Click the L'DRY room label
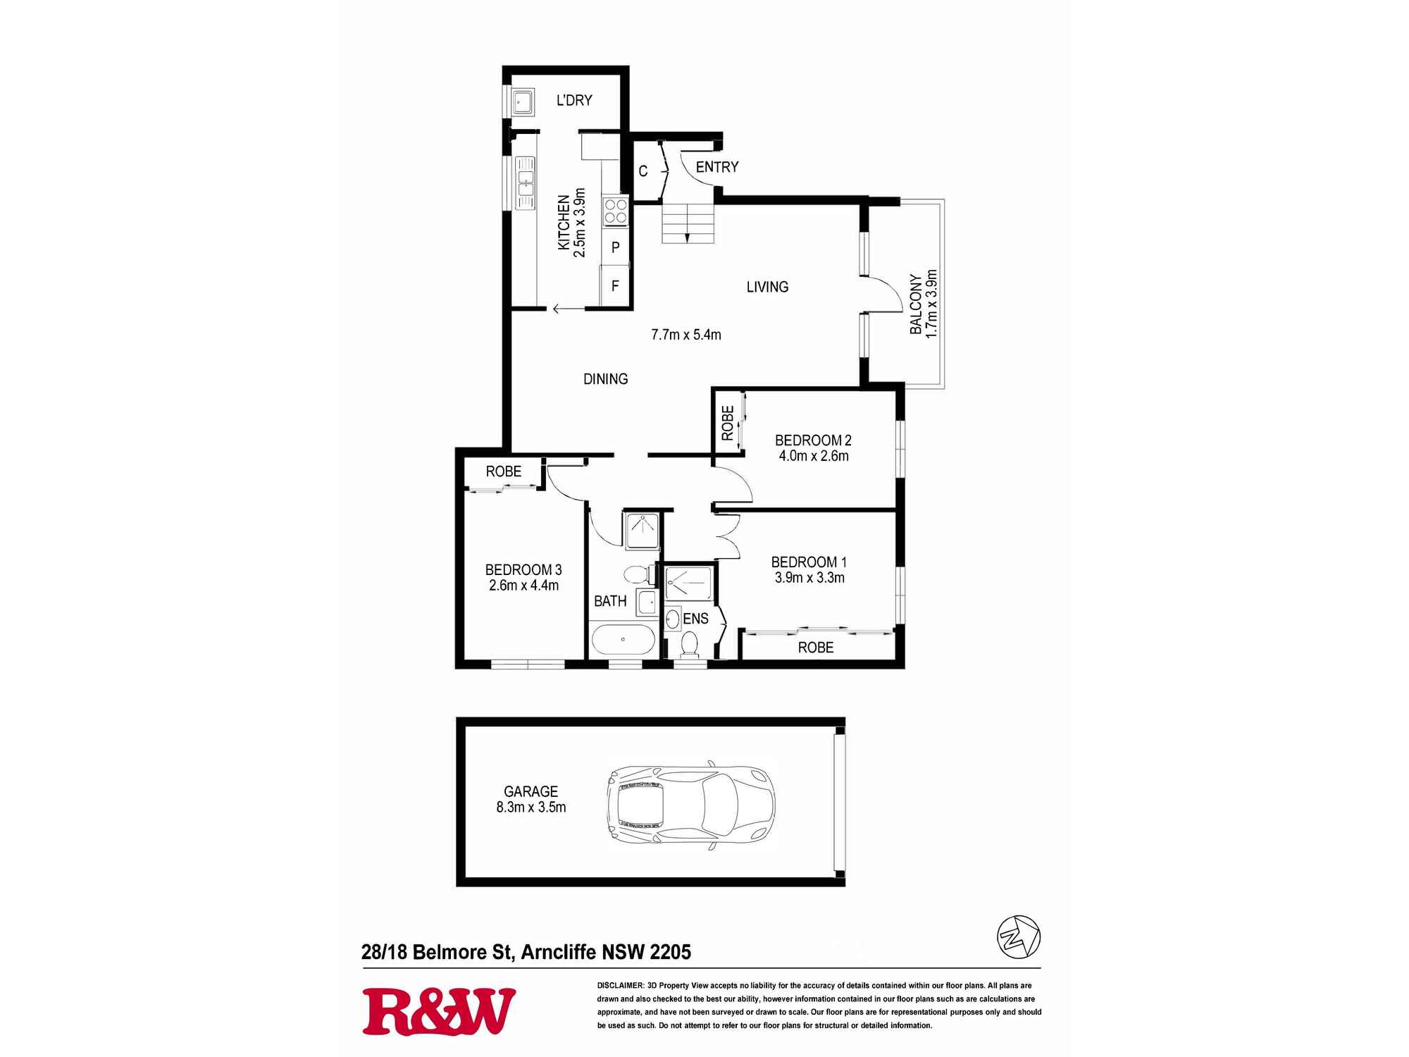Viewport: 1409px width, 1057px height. [x=574, y=101]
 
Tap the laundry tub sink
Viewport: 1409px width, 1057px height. [x=521, y=103]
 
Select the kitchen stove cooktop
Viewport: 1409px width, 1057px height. [x=615, y=211]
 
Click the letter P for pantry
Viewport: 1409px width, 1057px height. [x=615, y=247]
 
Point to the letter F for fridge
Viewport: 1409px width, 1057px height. [x=615, y=286]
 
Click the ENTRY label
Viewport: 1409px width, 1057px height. [x=716, y=167]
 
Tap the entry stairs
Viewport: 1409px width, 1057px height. [x=688, y=223]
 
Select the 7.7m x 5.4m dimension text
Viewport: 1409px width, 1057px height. [x=685, y=335]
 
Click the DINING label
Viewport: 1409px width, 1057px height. [x=605, y=379]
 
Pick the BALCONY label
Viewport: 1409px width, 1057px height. [x=916, y=304]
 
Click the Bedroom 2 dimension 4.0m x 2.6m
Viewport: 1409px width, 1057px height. [x=813, y=456]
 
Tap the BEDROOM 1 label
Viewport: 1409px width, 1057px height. [x=808, y=562]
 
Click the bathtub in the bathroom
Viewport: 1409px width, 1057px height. [x=623, y=640]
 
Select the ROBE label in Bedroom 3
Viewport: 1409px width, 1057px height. [x=503, y=471]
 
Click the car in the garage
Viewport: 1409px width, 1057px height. [x=690, y=804]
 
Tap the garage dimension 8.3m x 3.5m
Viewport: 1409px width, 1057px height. [x=530, y=808]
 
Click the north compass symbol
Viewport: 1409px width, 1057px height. [x=1018, y=937]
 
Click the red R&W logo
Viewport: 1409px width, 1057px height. [x=438, y=1011]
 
